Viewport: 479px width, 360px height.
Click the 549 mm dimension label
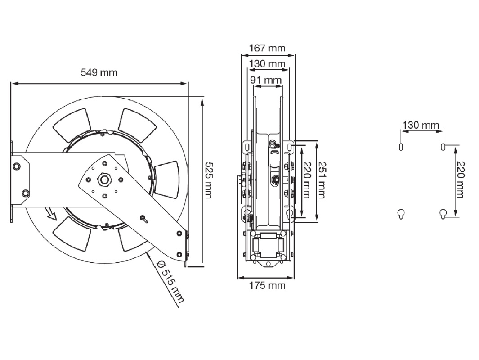coord(99,72)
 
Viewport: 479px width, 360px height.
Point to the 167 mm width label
coord(267,48)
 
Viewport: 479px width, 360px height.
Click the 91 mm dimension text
coord(266,80)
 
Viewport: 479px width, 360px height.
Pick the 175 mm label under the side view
coord(267,285)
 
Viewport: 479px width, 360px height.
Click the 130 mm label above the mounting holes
coord(421,125)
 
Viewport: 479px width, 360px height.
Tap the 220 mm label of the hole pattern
coord(460,179)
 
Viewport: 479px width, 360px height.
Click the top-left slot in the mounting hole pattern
coord(401,147)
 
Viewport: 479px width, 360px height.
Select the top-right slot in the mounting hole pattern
coord(443,147)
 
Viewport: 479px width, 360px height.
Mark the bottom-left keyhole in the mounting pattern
coord(401,214)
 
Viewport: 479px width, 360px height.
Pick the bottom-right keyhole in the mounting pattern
coord(443,214)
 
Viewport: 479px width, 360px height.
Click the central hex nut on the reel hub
coord(104,180)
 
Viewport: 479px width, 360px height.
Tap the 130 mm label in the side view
coord(267,64)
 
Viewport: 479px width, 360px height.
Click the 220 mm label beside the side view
coord(307,180)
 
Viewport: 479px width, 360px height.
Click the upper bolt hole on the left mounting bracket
coord(16,166)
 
